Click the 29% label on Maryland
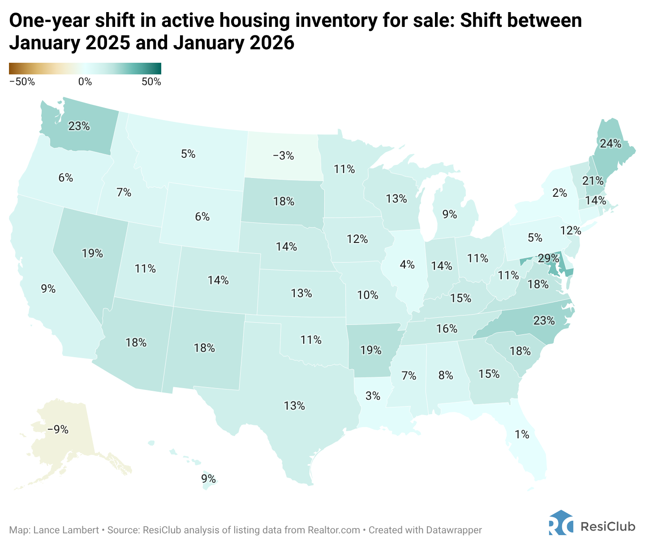point(549,258)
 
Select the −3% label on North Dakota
point(283,156)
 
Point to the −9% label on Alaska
point(58,429)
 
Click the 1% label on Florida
point(522,434)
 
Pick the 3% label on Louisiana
point(373,396)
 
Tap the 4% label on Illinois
point(407,264)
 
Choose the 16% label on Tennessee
point(447,329)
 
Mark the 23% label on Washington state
point(79,126)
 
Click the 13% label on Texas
point(294,406)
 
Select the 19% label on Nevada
point(92,253)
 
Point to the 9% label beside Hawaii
point(208,478)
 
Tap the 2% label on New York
point(559,193)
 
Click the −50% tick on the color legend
point(21,82)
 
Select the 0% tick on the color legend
point(85,82)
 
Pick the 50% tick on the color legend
point(151,82)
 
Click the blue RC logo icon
point(560,523)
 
